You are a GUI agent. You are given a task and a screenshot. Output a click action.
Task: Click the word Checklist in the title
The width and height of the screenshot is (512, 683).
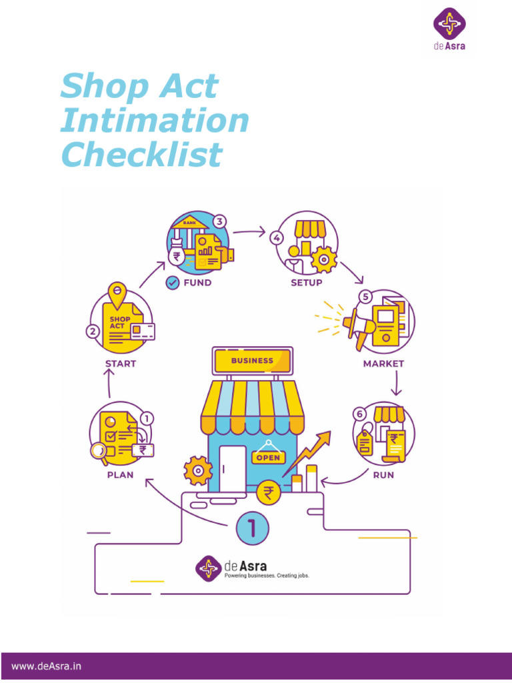pyautogui.click(x=141, y=155)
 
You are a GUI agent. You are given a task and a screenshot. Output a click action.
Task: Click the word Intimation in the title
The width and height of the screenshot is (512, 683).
pyautogui.click(x=154, y=121)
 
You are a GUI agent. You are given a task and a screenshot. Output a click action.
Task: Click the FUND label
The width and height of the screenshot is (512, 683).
pyautogui.click(x=197, y=283)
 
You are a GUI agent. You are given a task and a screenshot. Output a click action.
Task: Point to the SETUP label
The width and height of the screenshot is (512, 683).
pyautogui.click(x=306, y=283)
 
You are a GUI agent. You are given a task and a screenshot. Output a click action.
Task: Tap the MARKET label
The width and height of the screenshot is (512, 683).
pyautogui.click(x=383, y=364)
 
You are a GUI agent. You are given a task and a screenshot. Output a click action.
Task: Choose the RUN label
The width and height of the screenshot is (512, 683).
pyautogui.click(x=383, y=475)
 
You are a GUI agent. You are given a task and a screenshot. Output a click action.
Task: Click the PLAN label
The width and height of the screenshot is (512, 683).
pyautogui.click(x=120, y=475)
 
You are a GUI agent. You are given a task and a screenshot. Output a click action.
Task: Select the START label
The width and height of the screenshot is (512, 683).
pyautogui.click(x=121, y=364)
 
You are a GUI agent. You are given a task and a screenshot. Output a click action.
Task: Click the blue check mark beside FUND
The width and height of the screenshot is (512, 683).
pyautogui.click(x=172, y=282)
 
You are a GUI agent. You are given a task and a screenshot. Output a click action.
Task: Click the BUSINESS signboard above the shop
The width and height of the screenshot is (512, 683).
pyautogui.click(x=252, y=361)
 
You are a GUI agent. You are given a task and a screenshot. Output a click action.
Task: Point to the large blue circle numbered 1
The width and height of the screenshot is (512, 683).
pyautogui.click(x=253, y=528)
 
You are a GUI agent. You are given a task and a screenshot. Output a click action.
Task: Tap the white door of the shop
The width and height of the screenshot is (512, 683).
pyautogui.click(x=233, y=466)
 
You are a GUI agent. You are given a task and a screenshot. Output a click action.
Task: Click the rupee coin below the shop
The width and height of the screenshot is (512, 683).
pyautogui.click(x=269, y=493)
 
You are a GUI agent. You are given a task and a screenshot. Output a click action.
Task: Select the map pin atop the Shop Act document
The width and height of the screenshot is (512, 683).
pyautogui.click(x=117, y=292)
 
